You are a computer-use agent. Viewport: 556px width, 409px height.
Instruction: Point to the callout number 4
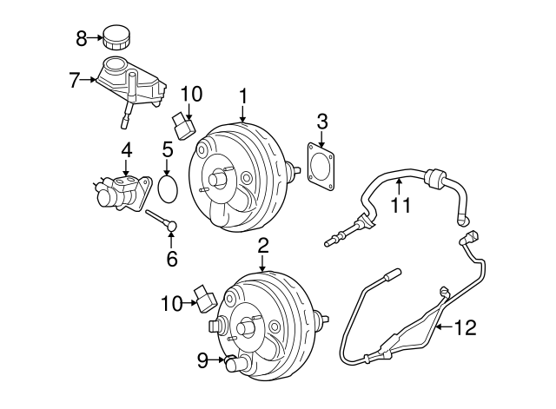point(126,149)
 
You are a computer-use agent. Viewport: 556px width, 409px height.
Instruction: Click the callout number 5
point(168,149)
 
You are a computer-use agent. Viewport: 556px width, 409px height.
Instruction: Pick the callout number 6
point(171,258)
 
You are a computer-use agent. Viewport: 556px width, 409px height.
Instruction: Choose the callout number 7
point(75,81)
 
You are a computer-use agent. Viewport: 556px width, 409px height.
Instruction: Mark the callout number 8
point(82,37)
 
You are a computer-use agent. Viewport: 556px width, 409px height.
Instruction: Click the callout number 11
point(399,206)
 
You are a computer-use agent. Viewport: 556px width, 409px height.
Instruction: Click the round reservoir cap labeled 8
point(115,36)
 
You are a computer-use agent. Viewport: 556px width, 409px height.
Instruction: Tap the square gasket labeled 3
point(321,165)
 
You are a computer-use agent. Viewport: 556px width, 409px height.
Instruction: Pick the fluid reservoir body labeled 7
point(130,82)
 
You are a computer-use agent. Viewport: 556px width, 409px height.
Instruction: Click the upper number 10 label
point(190,93)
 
